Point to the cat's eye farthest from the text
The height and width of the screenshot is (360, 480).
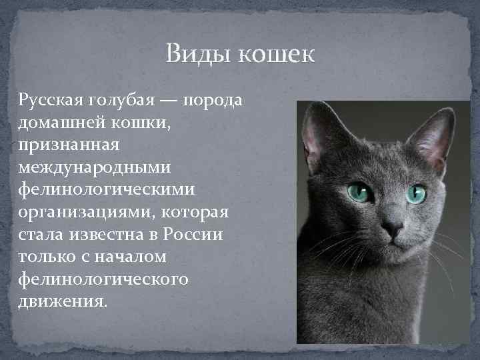417,194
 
